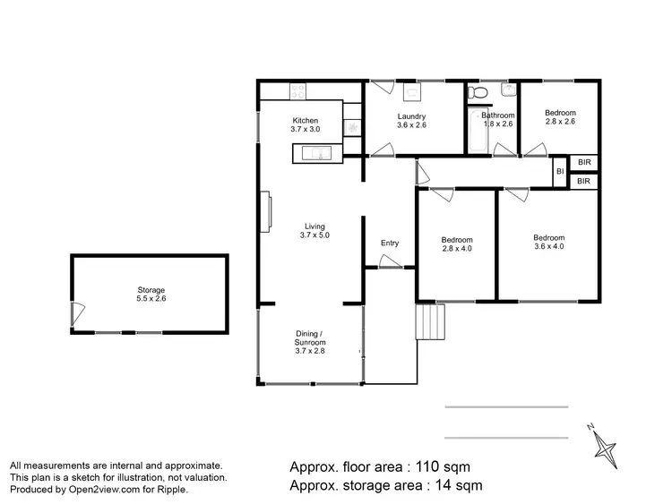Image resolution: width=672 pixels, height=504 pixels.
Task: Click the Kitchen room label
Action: coord(305,121)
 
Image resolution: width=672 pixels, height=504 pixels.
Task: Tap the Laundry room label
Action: coord(412,116)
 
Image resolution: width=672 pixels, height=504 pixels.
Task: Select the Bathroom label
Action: coord(497,115)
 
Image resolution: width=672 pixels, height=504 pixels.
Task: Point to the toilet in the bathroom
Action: coord(479,92)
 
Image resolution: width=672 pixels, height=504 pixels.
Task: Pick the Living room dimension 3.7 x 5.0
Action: coord(315,235)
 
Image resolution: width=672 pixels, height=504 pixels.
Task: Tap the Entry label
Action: coord(390,243)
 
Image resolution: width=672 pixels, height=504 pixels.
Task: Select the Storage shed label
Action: coord(151,290)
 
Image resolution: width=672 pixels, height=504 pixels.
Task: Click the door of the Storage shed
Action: coord(78,313)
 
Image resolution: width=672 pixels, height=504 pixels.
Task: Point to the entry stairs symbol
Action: coord(429,320)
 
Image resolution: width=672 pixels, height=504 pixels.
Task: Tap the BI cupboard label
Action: coord(560,171)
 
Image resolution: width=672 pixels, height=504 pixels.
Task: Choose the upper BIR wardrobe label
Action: coord(584,162)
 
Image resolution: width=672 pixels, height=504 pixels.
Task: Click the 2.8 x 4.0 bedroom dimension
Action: coord(457,250)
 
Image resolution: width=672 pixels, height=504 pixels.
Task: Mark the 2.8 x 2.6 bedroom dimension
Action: coord(560,123)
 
